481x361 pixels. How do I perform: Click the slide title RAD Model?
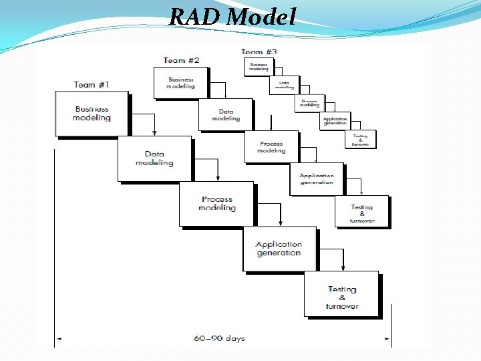[232, 17]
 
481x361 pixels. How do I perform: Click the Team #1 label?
[92, 85]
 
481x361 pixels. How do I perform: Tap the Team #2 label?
[181, 60]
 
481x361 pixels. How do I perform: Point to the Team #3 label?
[259, 51]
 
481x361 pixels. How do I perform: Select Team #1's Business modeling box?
[92, 114]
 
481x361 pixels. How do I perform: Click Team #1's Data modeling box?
[154, 158]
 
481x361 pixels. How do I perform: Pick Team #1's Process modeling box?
[216, 203]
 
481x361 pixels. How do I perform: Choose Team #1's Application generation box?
[279, 249]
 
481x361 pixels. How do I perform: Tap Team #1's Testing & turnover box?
[341, 293]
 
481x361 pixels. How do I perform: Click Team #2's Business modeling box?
[180, 82]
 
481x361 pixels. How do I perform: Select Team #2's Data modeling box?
[226, 114]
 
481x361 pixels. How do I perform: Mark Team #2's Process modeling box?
[271, 147]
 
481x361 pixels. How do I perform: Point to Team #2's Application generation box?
[317, 179]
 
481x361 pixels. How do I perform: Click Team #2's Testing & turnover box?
[362, 211]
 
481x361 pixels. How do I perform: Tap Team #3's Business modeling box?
[259, 66]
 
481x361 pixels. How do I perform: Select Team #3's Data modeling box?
[284, 85]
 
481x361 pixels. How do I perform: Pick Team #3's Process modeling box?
[309, 103]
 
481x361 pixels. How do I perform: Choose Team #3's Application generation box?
[335, 121]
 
